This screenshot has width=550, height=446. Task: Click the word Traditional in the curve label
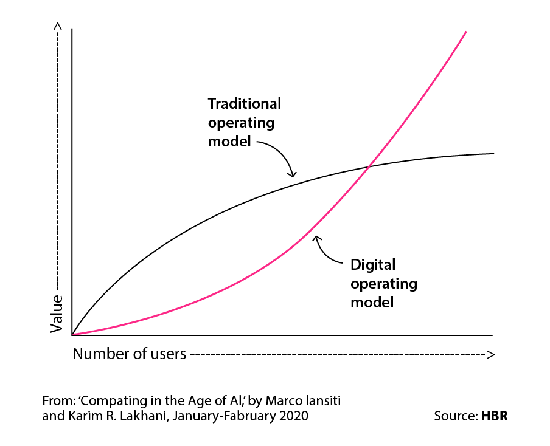(245, 103)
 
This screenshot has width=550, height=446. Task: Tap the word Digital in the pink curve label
(373, 265)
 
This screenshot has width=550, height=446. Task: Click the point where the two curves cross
(369, 166)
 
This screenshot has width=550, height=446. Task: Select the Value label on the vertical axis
(57, 314)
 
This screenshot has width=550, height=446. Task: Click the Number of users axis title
(129, 354)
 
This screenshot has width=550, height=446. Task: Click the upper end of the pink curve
(465, 32)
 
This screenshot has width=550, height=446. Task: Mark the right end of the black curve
(493, 154)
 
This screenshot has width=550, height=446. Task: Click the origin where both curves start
(72, 334)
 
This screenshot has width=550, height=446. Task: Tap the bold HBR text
(494, 417)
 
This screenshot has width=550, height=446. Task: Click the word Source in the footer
(454, 417)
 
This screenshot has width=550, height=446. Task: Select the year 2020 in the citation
(291, 417)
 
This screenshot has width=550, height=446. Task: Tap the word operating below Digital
(384, 284)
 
